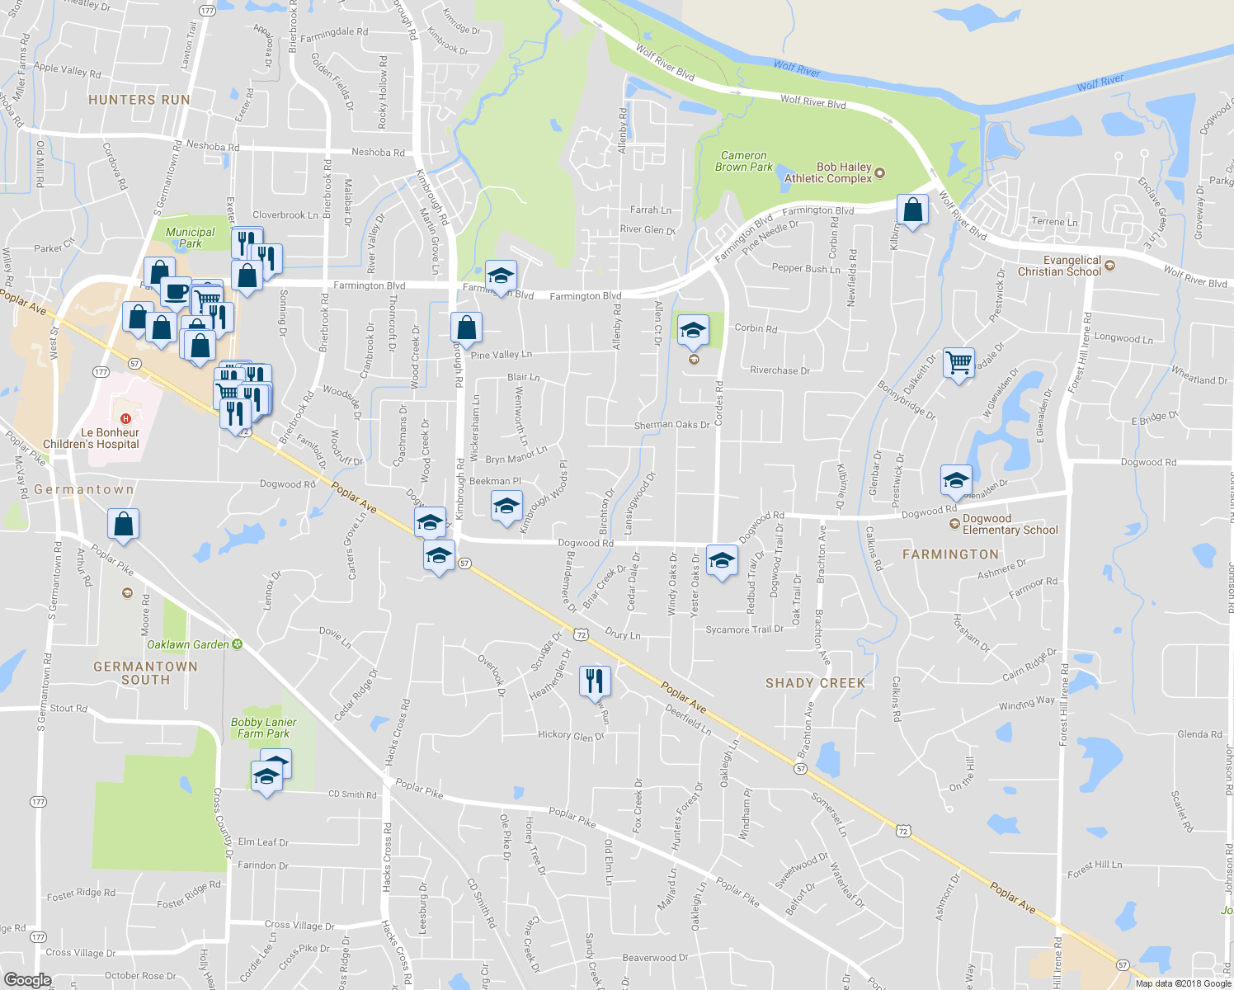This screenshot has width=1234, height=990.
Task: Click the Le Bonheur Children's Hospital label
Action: point(91,438)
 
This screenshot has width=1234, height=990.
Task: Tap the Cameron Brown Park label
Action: point(743,161)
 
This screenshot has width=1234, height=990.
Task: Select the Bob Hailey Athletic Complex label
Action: point(827,172)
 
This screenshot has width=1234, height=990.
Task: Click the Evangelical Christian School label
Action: point(1059,266)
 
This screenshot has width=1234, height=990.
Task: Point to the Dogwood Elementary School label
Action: point(1010,525)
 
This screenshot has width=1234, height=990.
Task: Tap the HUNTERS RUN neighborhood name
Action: point(139,100)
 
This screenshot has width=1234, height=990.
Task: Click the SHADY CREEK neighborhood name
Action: point(815,683)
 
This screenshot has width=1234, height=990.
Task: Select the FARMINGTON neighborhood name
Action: point(950,554)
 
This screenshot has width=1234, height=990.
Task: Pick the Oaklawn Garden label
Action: point(188,644)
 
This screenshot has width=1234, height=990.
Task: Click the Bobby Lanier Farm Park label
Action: point(263,728)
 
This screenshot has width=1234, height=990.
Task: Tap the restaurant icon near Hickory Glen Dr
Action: point(595,681)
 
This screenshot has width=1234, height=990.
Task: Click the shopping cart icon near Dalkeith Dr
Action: point(958,362)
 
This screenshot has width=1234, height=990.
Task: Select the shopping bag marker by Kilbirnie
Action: point(912,210)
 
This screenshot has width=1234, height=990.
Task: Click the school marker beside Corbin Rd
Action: point(693,331)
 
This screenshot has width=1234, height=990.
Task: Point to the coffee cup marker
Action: point(176,292)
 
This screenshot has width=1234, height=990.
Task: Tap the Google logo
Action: point(27,979)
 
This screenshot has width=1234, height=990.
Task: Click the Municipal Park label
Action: point(190,238)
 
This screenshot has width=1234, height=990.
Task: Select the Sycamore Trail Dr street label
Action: point(744,629)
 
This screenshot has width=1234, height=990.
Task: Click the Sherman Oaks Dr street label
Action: point(671,425)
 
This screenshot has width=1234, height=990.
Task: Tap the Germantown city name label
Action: point(83,489)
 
